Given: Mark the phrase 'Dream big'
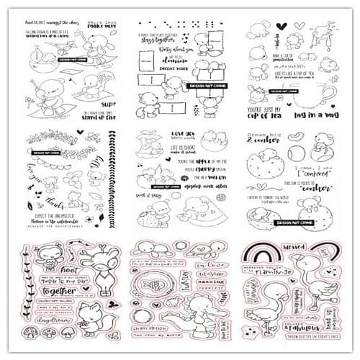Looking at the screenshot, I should (267, 138).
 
